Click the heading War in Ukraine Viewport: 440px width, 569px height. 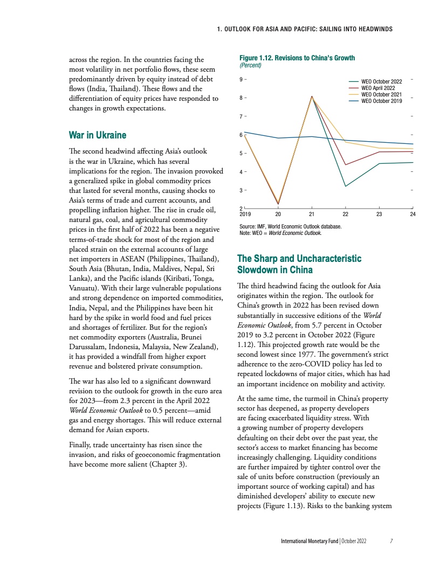coord(97,135)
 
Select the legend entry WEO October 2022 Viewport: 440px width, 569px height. coord(381,81)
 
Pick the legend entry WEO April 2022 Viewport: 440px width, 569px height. coord(377,88)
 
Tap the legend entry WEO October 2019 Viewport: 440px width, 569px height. coord(381,101)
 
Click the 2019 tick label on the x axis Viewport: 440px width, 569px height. coord(245,214)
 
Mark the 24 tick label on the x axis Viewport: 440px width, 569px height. coord(412,214)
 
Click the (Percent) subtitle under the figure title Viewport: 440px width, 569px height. coord(250,65)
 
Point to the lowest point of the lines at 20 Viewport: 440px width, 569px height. coord(279,204)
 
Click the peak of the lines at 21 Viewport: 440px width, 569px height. coord(312,96)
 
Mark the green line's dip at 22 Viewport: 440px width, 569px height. coord(346,186)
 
